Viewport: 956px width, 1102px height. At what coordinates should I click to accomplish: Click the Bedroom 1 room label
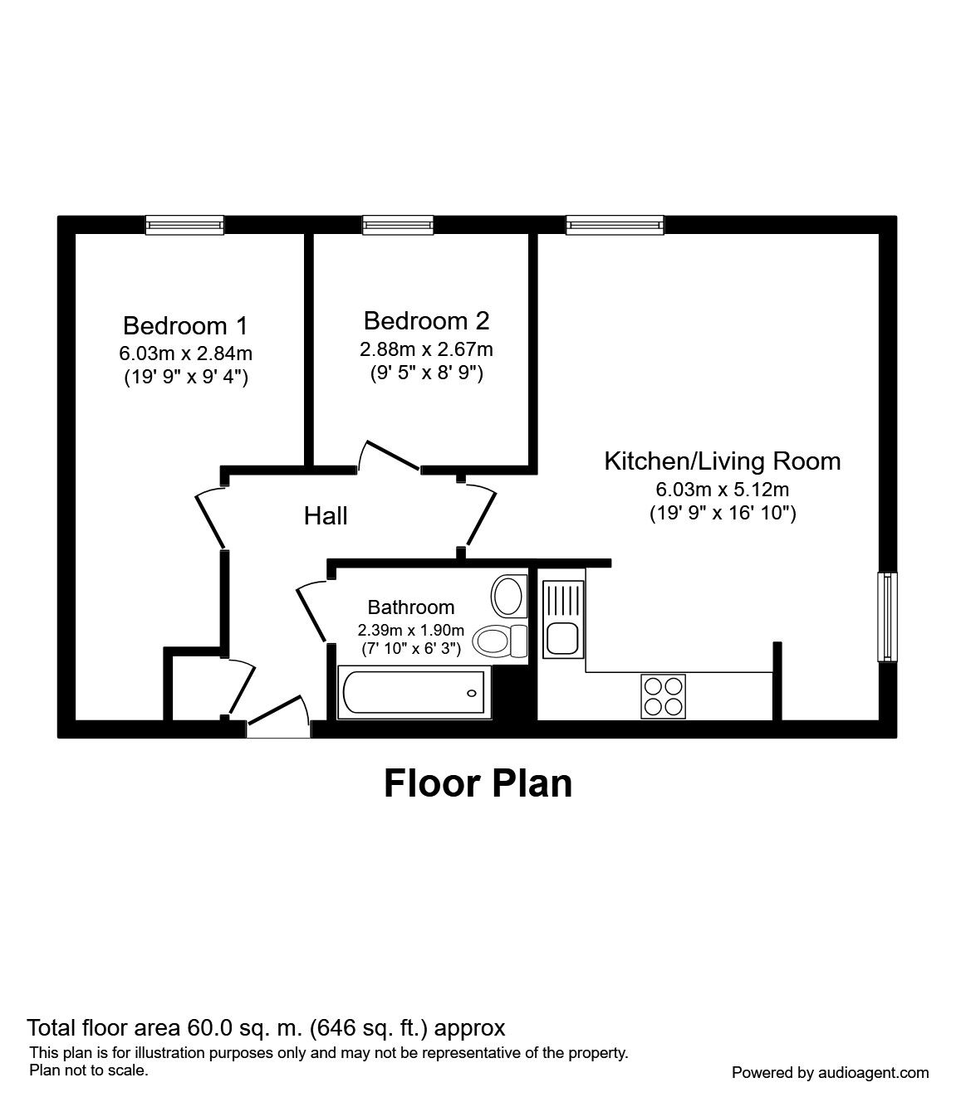(x=185, y=325)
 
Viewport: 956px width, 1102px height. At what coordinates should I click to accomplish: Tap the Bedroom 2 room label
(x=426, y=320)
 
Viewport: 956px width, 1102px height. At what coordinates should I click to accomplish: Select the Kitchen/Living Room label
(x=722, y=461)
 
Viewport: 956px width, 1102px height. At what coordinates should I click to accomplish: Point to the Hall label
(x=326, y=516)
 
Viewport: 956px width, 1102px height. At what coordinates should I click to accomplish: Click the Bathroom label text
(x=411, y=607)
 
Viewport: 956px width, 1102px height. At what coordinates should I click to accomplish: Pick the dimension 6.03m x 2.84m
(x=185, y=354)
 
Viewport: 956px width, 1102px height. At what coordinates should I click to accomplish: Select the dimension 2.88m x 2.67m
(x=426, y=349)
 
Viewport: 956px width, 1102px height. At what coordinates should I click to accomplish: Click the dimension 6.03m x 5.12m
(x=722, y=489)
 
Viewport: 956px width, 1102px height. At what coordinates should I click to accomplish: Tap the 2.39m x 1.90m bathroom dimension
(x=411, y=630)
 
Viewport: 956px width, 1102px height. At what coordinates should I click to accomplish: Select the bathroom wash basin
(x=507, y=594)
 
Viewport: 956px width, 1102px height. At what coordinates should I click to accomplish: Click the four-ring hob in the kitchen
(x=663, y=695)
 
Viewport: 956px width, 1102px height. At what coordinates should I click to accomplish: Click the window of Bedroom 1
(x=184, y=224)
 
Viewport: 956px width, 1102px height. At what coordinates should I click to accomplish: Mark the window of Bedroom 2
(x=398, y=224)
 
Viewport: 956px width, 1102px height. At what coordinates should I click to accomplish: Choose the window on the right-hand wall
(x=888, y=617)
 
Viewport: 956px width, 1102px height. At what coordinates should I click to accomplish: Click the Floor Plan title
(x=478, y=783)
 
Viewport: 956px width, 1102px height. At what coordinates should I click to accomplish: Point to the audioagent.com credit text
(x=830, y=1073)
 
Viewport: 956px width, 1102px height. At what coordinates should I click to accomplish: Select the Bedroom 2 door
(x=389, y=456)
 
